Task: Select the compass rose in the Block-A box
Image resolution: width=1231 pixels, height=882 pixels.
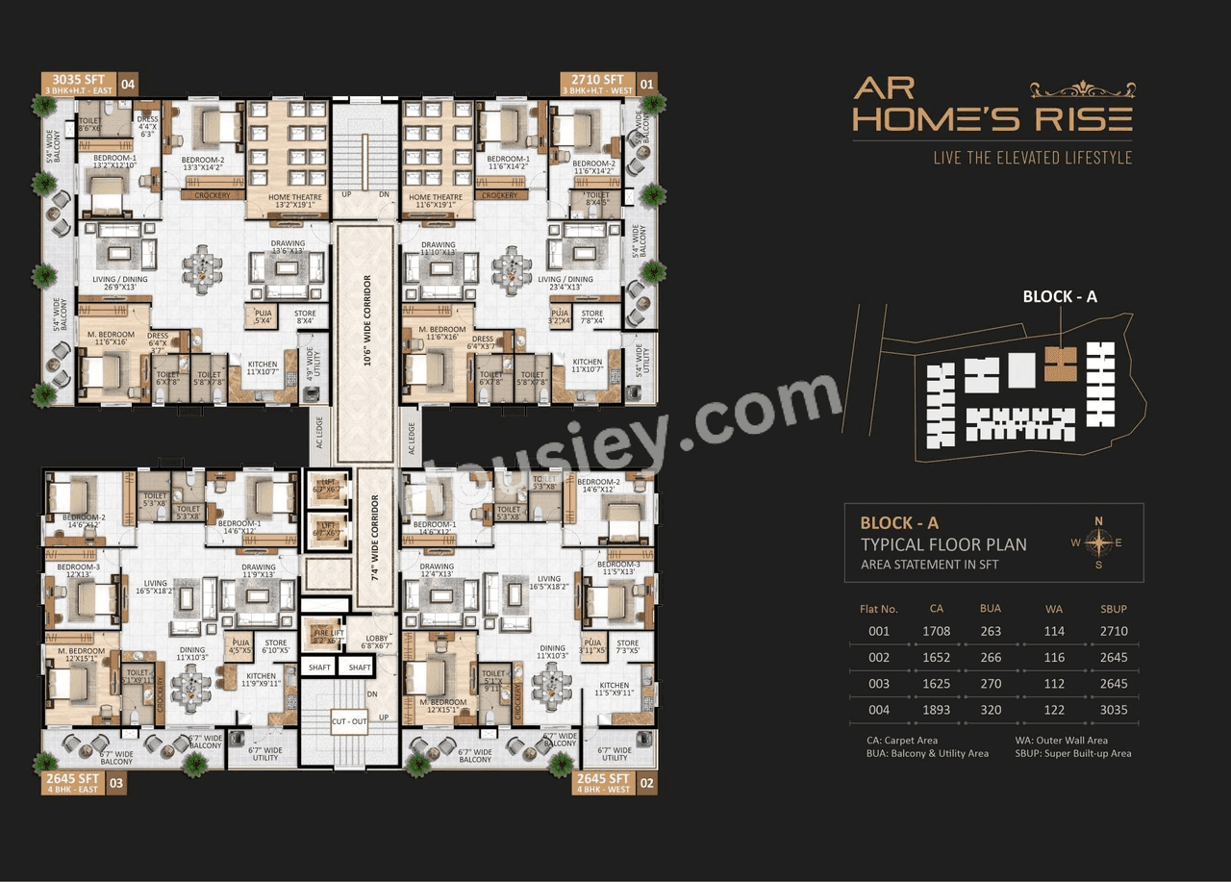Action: click(1098, 542)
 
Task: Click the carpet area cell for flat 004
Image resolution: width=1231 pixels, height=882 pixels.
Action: click(936, 711)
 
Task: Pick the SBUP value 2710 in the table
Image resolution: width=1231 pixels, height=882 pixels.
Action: click(1113, 632)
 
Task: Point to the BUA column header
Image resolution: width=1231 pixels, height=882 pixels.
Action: click(991, 609)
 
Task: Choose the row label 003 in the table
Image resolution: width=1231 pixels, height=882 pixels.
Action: click(878, 685)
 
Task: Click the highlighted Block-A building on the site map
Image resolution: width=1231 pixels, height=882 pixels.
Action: click(1061, 363)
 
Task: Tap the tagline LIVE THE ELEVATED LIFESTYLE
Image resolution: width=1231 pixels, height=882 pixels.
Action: click(1032, 158)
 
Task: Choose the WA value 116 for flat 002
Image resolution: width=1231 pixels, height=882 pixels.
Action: click(1054, 658)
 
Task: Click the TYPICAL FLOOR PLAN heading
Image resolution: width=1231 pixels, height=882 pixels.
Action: click(943, 544)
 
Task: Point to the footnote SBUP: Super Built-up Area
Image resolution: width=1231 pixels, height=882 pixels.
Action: click(1072, 754)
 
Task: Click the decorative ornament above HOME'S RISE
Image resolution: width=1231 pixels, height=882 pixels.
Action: click(1082, 90)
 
